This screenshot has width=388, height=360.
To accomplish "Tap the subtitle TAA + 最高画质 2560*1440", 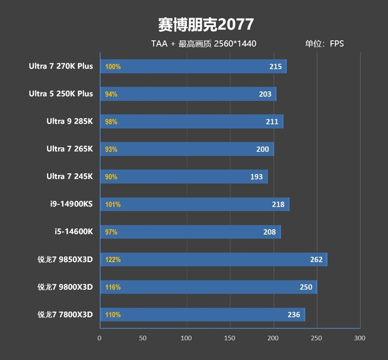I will tap(204, 44).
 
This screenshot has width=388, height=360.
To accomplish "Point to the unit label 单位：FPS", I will tap(324, 44).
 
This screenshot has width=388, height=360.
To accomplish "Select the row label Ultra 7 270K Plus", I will tap(61, 66).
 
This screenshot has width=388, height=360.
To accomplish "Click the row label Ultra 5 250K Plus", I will tap(61, 94).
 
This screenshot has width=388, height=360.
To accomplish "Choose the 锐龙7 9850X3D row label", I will tap(65, 260).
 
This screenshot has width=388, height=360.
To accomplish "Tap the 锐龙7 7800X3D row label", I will tap(65, 315).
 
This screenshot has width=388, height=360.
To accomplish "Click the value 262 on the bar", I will tap(316, 260).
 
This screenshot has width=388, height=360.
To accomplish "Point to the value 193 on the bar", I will tap(257, 177).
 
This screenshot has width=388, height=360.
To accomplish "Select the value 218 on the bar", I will tap(278, 204).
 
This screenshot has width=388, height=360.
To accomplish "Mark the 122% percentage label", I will tap(113, 260).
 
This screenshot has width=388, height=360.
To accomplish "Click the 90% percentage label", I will tap(111, 177).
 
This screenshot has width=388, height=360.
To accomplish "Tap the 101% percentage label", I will tap(113, 204).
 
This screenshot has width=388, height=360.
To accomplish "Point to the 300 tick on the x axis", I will tap(359, 338).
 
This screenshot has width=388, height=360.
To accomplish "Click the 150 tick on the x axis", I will tap(229, 338).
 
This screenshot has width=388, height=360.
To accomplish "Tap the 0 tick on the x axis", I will tap(99, 338).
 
